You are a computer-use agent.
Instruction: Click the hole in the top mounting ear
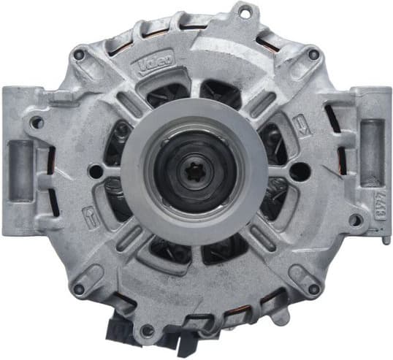[245, 12]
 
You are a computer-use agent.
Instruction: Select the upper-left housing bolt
[79, 53]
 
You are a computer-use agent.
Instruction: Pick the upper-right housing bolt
[313, 53]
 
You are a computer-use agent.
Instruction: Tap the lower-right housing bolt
[314, 288]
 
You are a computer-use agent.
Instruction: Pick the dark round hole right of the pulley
[298, 172]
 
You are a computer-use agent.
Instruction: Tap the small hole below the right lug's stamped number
[355, 220]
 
